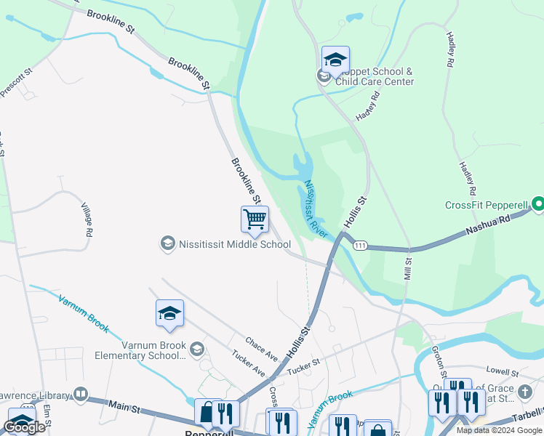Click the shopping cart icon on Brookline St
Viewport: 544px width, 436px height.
coord(255,218)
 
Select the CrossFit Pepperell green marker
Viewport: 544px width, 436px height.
coord(537,206)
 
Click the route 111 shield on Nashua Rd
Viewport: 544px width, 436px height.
coord(360,246)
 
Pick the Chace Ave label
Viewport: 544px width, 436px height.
coord(262,348)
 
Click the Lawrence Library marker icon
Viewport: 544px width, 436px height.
coord(80,395)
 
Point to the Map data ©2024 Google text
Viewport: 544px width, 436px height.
coord(499,430)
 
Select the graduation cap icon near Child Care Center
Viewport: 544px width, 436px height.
coord(335,59)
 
